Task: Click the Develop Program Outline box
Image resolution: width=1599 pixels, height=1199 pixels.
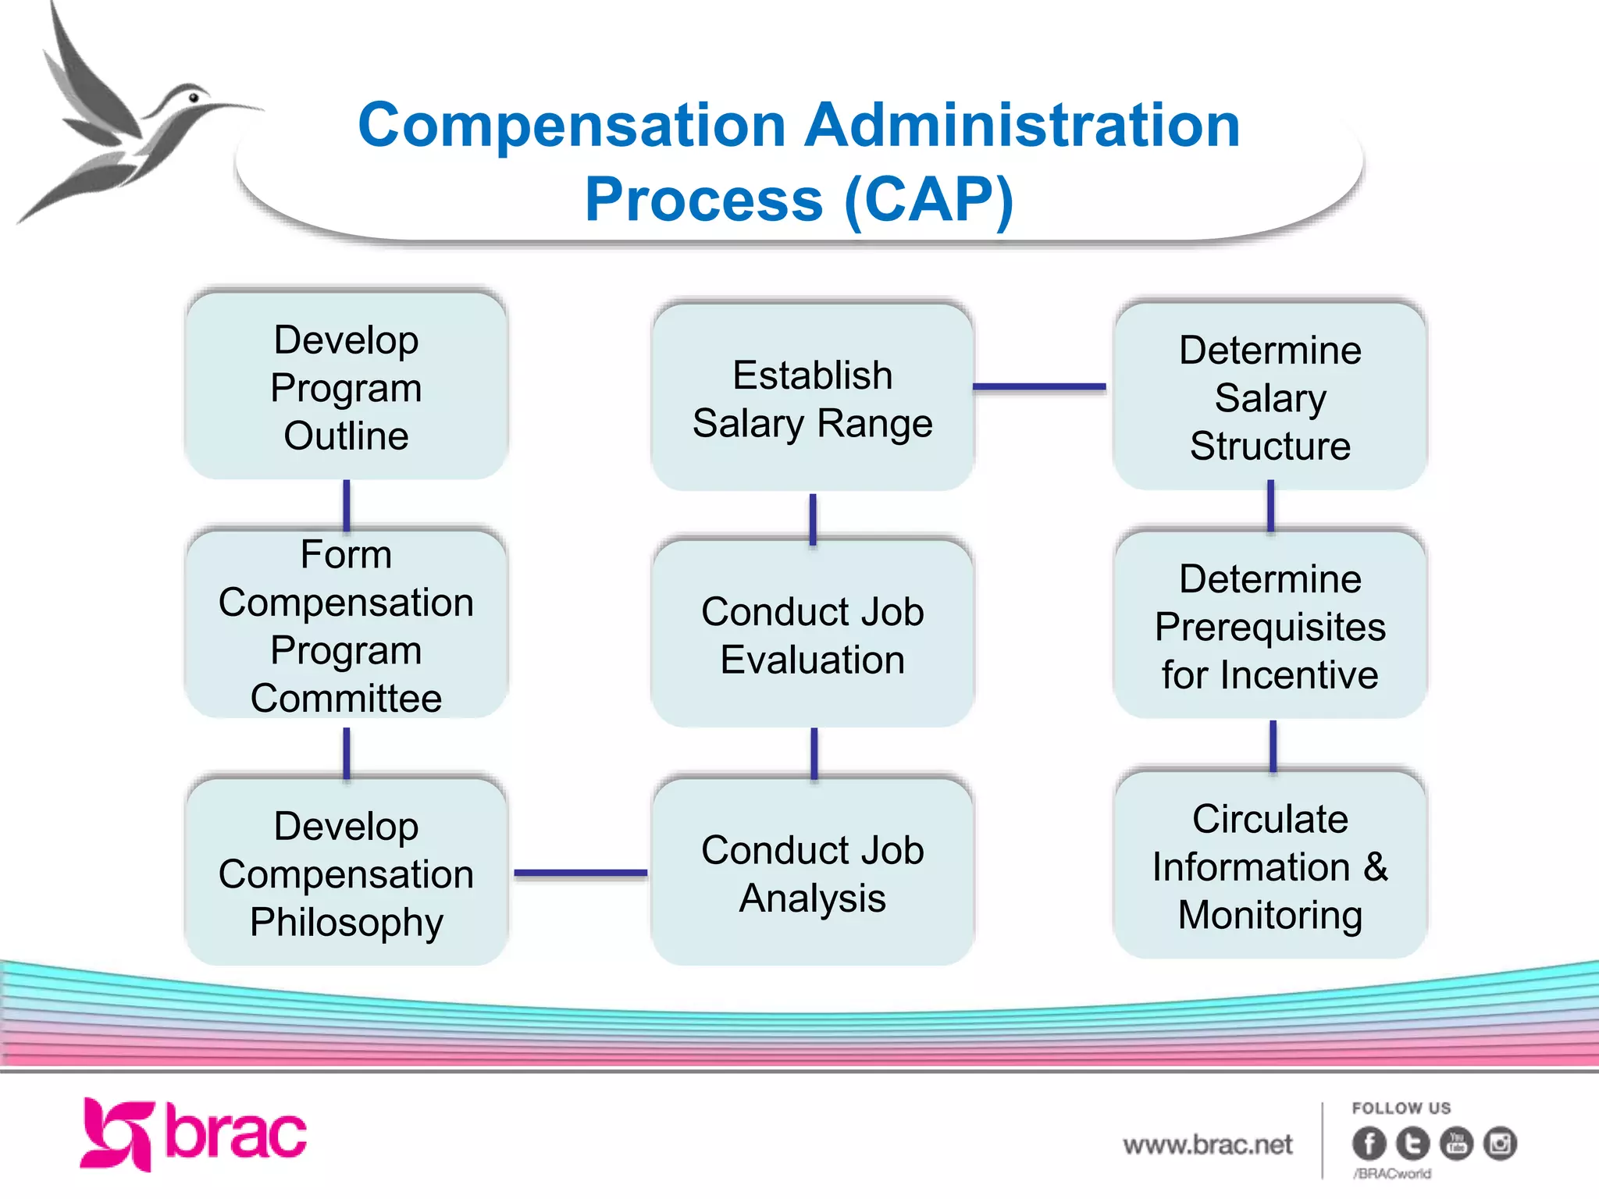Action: tap(347, 386)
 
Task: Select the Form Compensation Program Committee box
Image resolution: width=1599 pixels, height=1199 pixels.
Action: tap(347, 624)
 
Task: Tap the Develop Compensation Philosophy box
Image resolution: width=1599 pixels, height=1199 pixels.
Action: tap(347, 873)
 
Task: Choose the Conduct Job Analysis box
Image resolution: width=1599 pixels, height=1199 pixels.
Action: tap(812, 873)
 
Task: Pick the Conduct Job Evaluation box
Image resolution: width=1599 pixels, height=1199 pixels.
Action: tap(812, 634)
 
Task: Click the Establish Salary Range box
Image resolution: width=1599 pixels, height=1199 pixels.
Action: tap(812, 398)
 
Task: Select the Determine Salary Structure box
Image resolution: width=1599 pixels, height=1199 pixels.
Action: tap(1270, 397)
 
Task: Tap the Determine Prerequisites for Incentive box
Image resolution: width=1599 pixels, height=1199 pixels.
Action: tap(1270, 626)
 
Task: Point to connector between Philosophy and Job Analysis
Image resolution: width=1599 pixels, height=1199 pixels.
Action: tap(580, 873)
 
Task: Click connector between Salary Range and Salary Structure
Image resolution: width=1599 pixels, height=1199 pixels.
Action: tap(1039, 386)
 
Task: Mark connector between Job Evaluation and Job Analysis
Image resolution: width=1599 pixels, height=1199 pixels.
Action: tap(814, 753)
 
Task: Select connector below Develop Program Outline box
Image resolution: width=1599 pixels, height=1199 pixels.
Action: tap(347, 505)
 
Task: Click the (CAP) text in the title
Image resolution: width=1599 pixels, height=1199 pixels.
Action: tap(928, 200)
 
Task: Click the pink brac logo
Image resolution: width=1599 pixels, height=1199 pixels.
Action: tap(194, 1134)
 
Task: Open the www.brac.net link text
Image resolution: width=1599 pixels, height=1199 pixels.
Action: tap(1207, 1144)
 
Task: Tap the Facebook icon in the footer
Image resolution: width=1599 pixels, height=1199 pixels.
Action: tap(1369, 1144)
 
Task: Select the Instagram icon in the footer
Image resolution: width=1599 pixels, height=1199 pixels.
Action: tap(1499, 1144)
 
